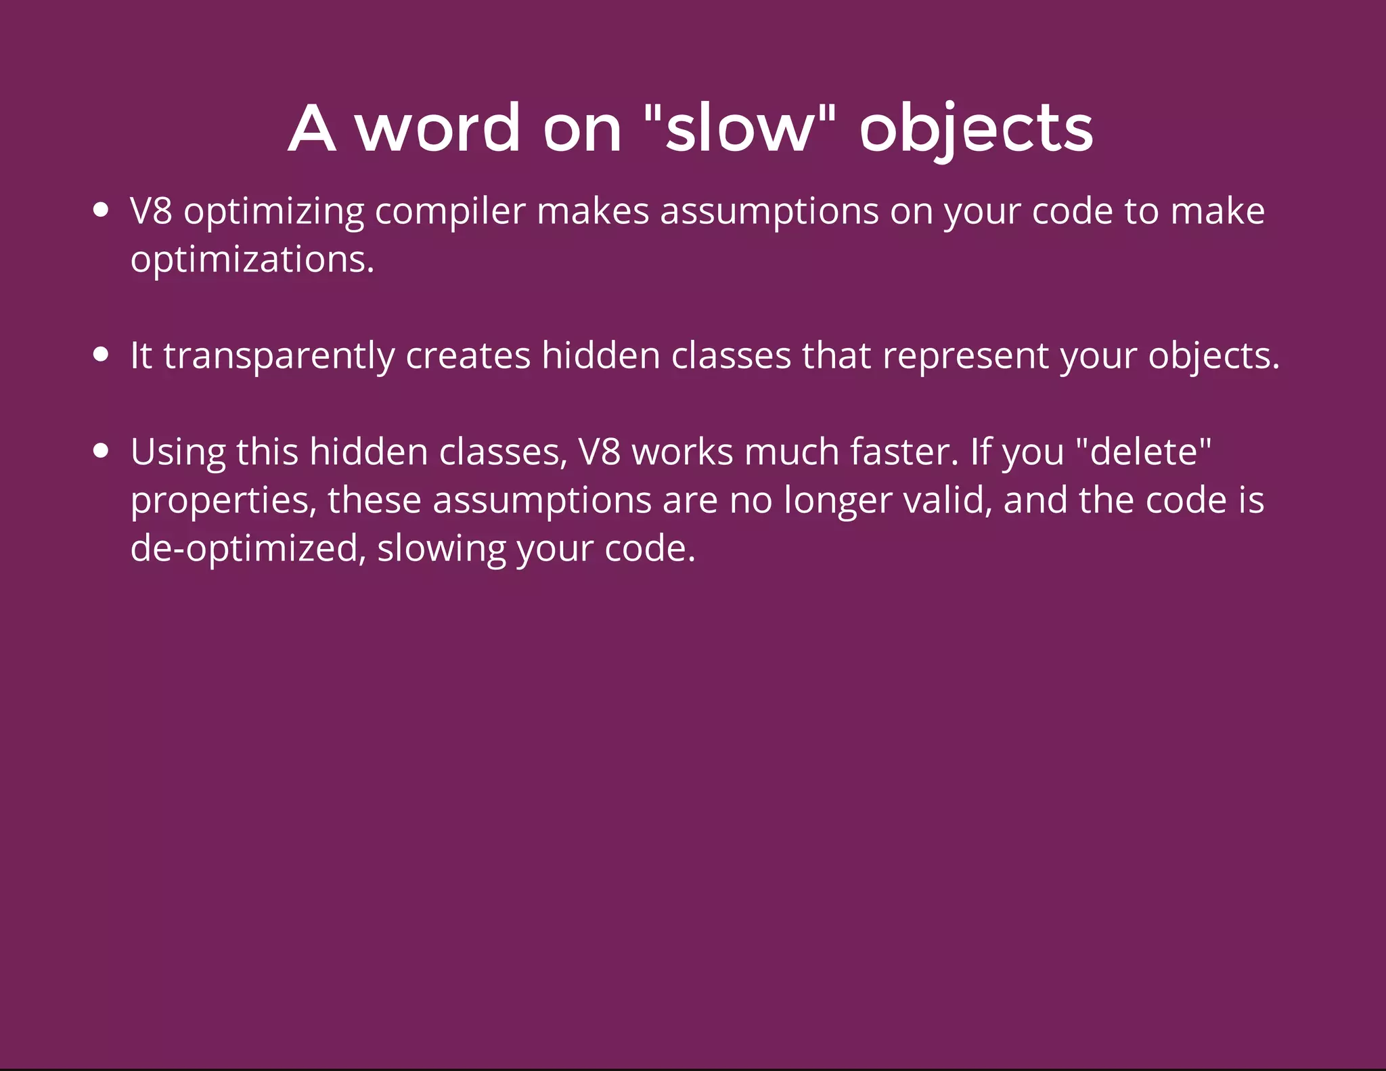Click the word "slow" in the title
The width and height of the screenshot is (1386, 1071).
(x=738, y=128)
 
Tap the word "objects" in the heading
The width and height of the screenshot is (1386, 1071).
(x=976, y=129)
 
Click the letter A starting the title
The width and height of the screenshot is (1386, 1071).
(x=312, y=128)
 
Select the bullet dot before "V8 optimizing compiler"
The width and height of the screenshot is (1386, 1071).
(x=101, y=211)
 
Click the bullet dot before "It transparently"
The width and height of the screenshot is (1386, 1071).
(x=101, y=355)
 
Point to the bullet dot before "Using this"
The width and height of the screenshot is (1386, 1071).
(x=101, y=451)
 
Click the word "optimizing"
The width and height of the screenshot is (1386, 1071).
(x=274, y=212)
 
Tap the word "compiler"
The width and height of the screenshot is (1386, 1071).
(x=449, y=212)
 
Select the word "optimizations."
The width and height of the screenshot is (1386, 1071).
(x=252, y=260)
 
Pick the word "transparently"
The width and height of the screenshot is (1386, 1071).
(x=279, y=356)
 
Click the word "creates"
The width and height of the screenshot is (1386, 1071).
(x=468, y=356)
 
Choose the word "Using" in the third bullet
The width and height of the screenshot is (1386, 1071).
(x=178, y=452)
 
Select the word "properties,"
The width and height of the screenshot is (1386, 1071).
(x=223, y=501)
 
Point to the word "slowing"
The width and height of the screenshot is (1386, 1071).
(x=441, y=548)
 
